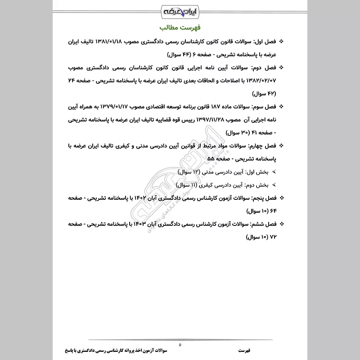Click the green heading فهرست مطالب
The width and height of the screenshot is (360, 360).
tap(180, 27)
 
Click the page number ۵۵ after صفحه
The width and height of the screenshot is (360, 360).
tap(210, 159)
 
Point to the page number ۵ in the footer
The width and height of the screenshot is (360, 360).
tap(180, 345)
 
